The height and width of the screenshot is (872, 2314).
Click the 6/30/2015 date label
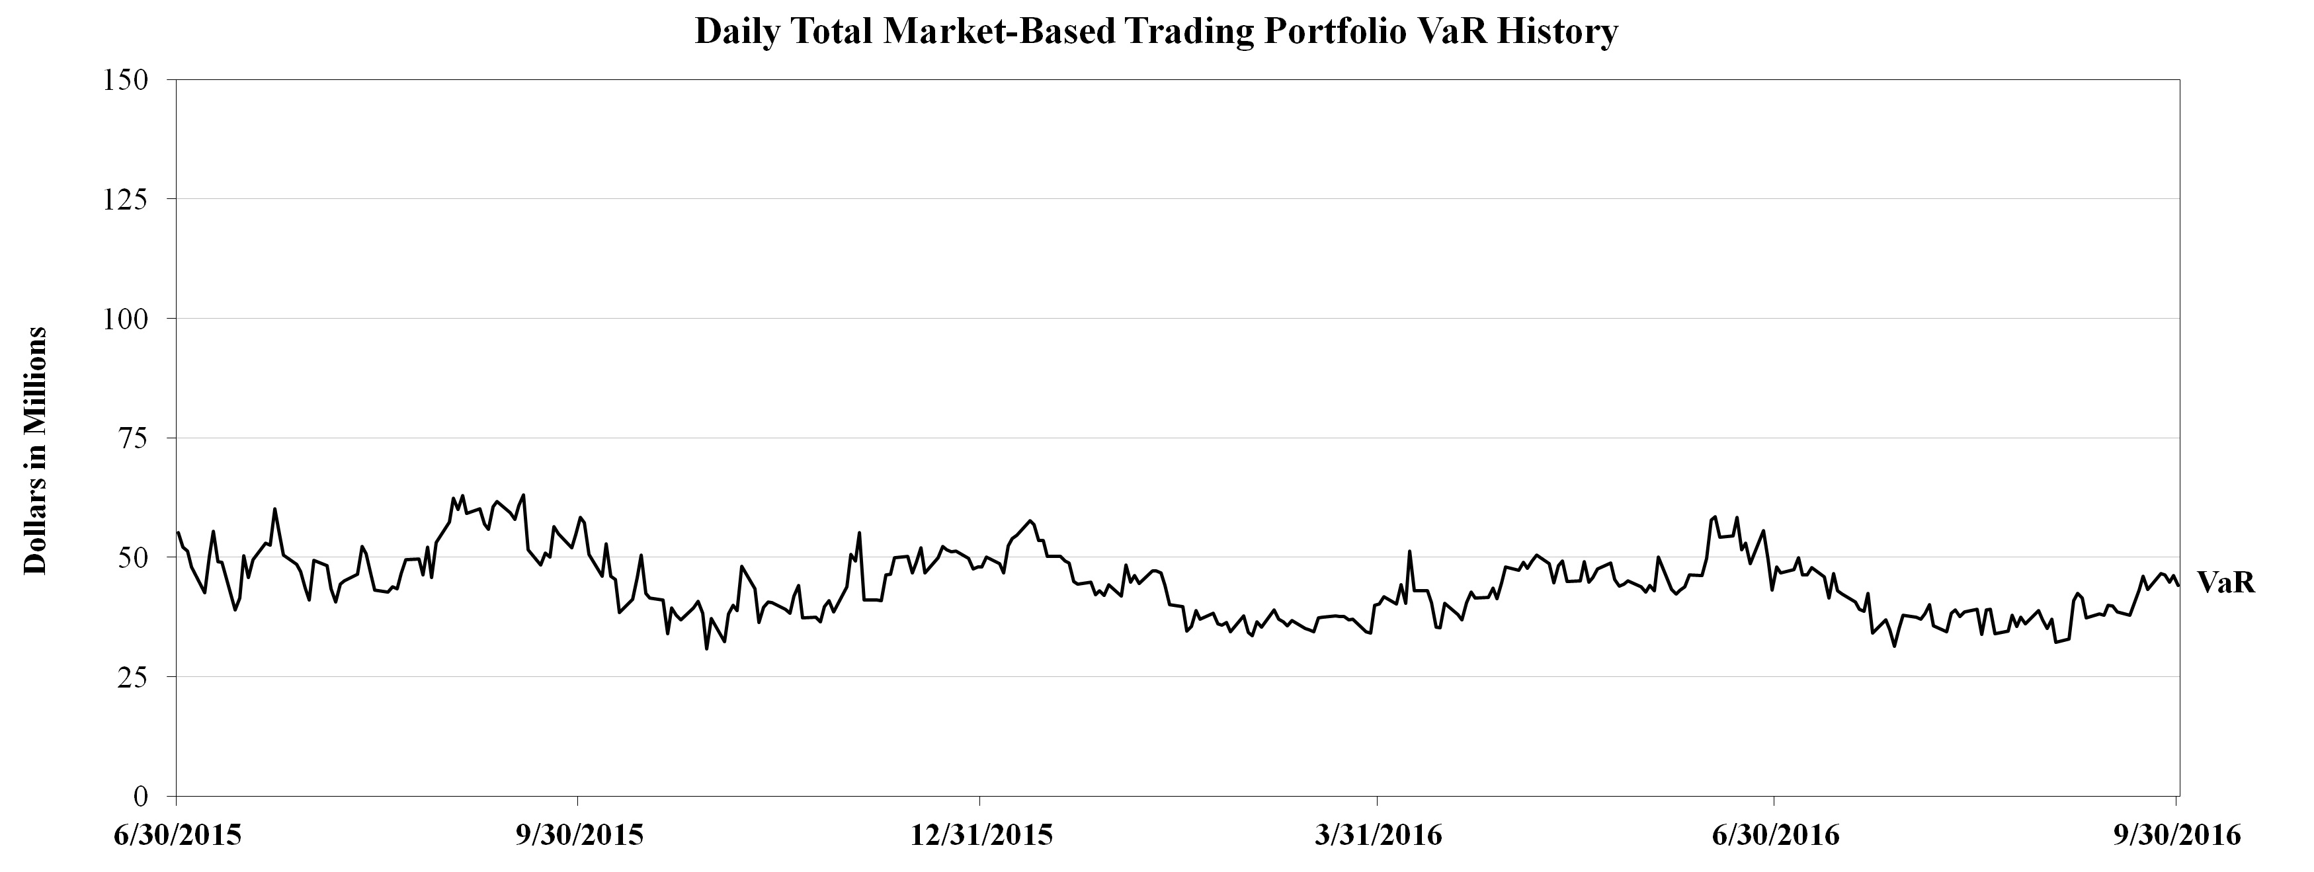(178, 835)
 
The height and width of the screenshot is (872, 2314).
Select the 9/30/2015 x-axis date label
(579, 835)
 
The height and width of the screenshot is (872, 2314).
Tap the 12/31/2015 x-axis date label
(981, 835)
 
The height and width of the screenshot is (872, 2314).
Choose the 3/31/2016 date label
(1378, 835)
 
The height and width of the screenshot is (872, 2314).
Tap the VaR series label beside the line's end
(2226, 583)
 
